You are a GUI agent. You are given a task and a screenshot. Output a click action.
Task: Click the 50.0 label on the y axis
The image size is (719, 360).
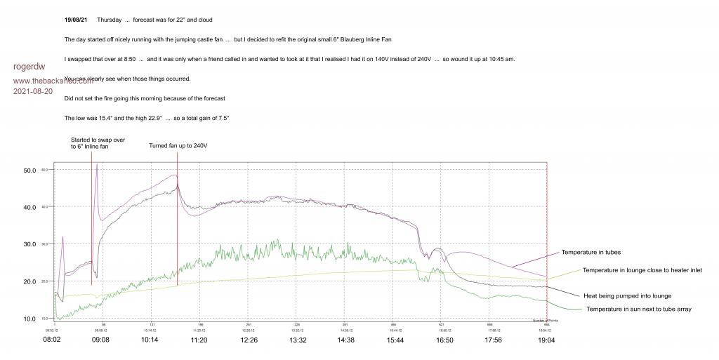(29, 171)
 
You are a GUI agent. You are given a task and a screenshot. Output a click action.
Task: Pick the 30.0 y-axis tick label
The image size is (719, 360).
(29, 244)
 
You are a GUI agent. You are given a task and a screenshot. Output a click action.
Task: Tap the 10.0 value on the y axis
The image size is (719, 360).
(29, 319)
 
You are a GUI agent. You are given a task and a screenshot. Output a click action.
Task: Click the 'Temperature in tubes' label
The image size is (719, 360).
(591, 252)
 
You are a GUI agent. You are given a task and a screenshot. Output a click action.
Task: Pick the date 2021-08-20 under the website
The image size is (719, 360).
(33, 91)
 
